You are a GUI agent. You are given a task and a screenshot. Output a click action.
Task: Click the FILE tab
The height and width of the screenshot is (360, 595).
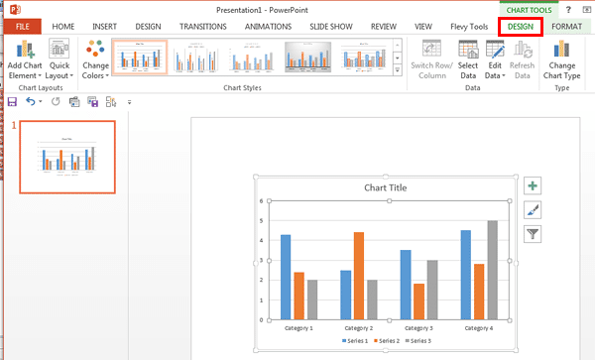pos(22,26)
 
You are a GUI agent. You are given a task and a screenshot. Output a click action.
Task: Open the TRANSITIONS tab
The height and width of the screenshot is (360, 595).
pos(203,26)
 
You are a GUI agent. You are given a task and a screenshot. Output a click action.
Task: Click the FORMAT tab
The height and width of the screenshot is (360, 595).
pos(566,26)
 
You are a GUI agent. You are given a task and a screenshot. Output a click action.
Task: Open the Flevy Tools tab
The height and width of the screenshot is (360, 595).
pos(470,26)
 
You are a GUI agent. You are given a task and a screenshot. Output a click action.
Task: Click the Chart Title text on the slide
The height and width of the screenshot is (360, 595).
pos(385,187)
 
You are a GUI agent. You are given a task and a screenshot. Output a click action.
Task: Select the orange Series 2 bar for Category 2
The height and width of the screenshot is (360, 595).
pos(359,275)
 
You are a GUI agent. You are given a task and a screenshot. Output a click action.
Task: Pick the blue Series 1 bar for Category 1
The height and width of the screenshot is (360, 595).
pos(286,277)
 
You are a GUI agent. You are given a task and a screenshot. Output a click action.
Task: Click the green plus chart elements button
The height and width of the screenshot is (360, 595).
pos(534,185)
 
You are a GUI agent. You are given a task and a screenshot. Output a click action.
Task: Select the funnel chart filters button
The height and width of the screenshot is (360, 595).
pos(534,234)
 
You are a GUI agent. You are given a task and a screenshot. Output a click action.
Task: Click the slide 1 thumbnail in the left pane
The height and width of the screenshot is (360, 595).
pos(66,156)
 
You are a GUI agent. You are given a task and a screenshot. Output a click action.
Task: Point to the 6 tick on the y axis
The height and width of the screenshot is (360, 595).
pos(260,200)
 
